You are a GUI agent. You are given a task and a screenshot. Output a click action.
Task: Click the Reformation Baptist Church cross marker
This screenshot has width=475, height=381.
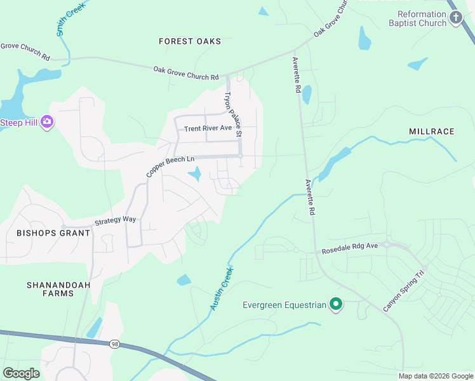456,18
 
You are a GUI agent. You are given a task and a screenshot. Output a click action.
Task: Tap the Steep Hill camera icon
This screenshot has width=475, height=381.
46,122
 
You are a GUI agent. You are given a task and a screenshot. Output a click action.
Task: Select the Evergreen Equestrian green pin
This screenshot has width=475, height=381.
336,305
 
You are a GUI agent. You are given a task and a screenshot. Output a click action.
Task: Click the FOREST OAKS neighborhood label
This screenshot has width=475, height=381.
190,41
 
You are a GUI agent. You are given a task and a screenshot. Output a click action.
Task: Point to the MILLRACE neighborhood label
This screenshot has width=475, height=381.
432,131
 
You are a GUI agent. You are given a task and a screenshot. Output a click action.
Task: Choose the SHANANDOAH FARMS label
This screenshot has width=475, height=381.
58,289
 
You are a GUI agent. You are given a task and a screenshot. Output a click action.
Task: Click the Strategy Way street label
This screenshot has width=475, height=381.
115,220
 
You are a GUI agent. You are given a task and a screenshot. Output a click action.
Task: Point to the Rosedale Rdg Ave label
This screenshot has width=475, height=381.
349,251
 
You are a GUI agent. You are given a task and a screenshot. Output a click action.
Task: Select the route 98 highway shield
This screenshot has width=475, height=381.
115,344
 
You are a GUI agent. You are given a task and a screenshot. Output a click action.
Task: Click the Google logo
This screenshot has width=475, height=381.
21,373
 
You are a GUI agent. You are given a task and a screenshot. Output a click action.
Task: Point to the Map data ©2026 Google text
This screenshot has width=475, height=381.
435,376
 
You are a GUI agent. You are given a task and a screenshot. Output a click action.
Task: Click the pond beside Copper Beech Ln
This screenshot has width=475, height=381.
196,173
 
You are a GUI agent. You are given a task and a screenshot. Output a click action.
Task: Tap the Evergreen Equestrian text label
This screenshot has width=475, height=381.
284,305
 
